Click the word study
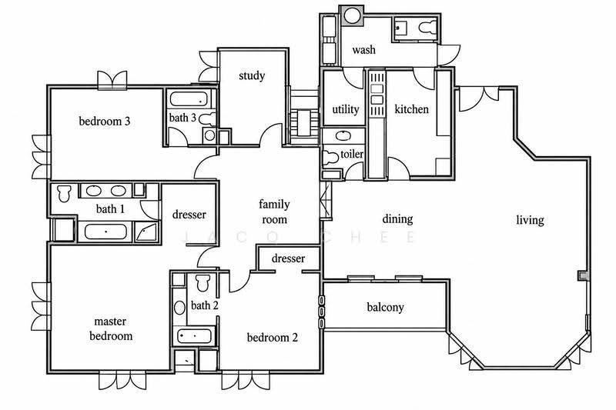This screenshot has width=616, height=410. point(252,75)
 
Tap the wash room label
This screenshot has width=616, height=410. point(363,50)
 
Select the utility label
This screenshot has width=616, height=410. point(346,109)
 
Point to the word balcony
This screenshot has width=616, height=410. point(385,307)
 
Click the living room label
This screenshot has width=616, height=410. point(530,220)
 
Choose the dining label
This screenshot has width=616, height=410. point(397,219)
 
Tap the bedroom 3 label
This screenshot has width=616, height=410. point(105,122)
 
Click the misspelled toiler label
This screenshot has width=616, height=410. point(352,154)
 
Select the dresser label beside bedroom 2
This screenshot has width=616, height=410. point(288,258)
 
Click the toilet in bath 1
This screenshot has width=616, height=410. point(64,192)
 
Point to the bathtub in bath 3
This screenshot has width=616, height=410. point(189,99)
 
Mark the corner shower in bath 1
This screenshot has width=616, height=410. point(146,232)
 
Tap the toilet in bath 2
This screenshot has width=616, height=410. point(203,282)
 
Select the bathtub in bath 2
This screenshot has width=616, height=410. point(195,336)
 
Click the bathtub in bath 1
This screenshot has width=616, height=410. point(105,232)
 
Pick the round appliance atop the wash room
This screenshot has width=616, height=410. point(351,16)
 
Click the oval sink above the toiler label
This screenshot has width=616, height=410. point(344,135)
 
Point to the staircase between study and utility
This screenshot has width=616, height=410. point(304,118)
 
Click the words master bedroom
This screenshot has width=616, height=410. point(111,328)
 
